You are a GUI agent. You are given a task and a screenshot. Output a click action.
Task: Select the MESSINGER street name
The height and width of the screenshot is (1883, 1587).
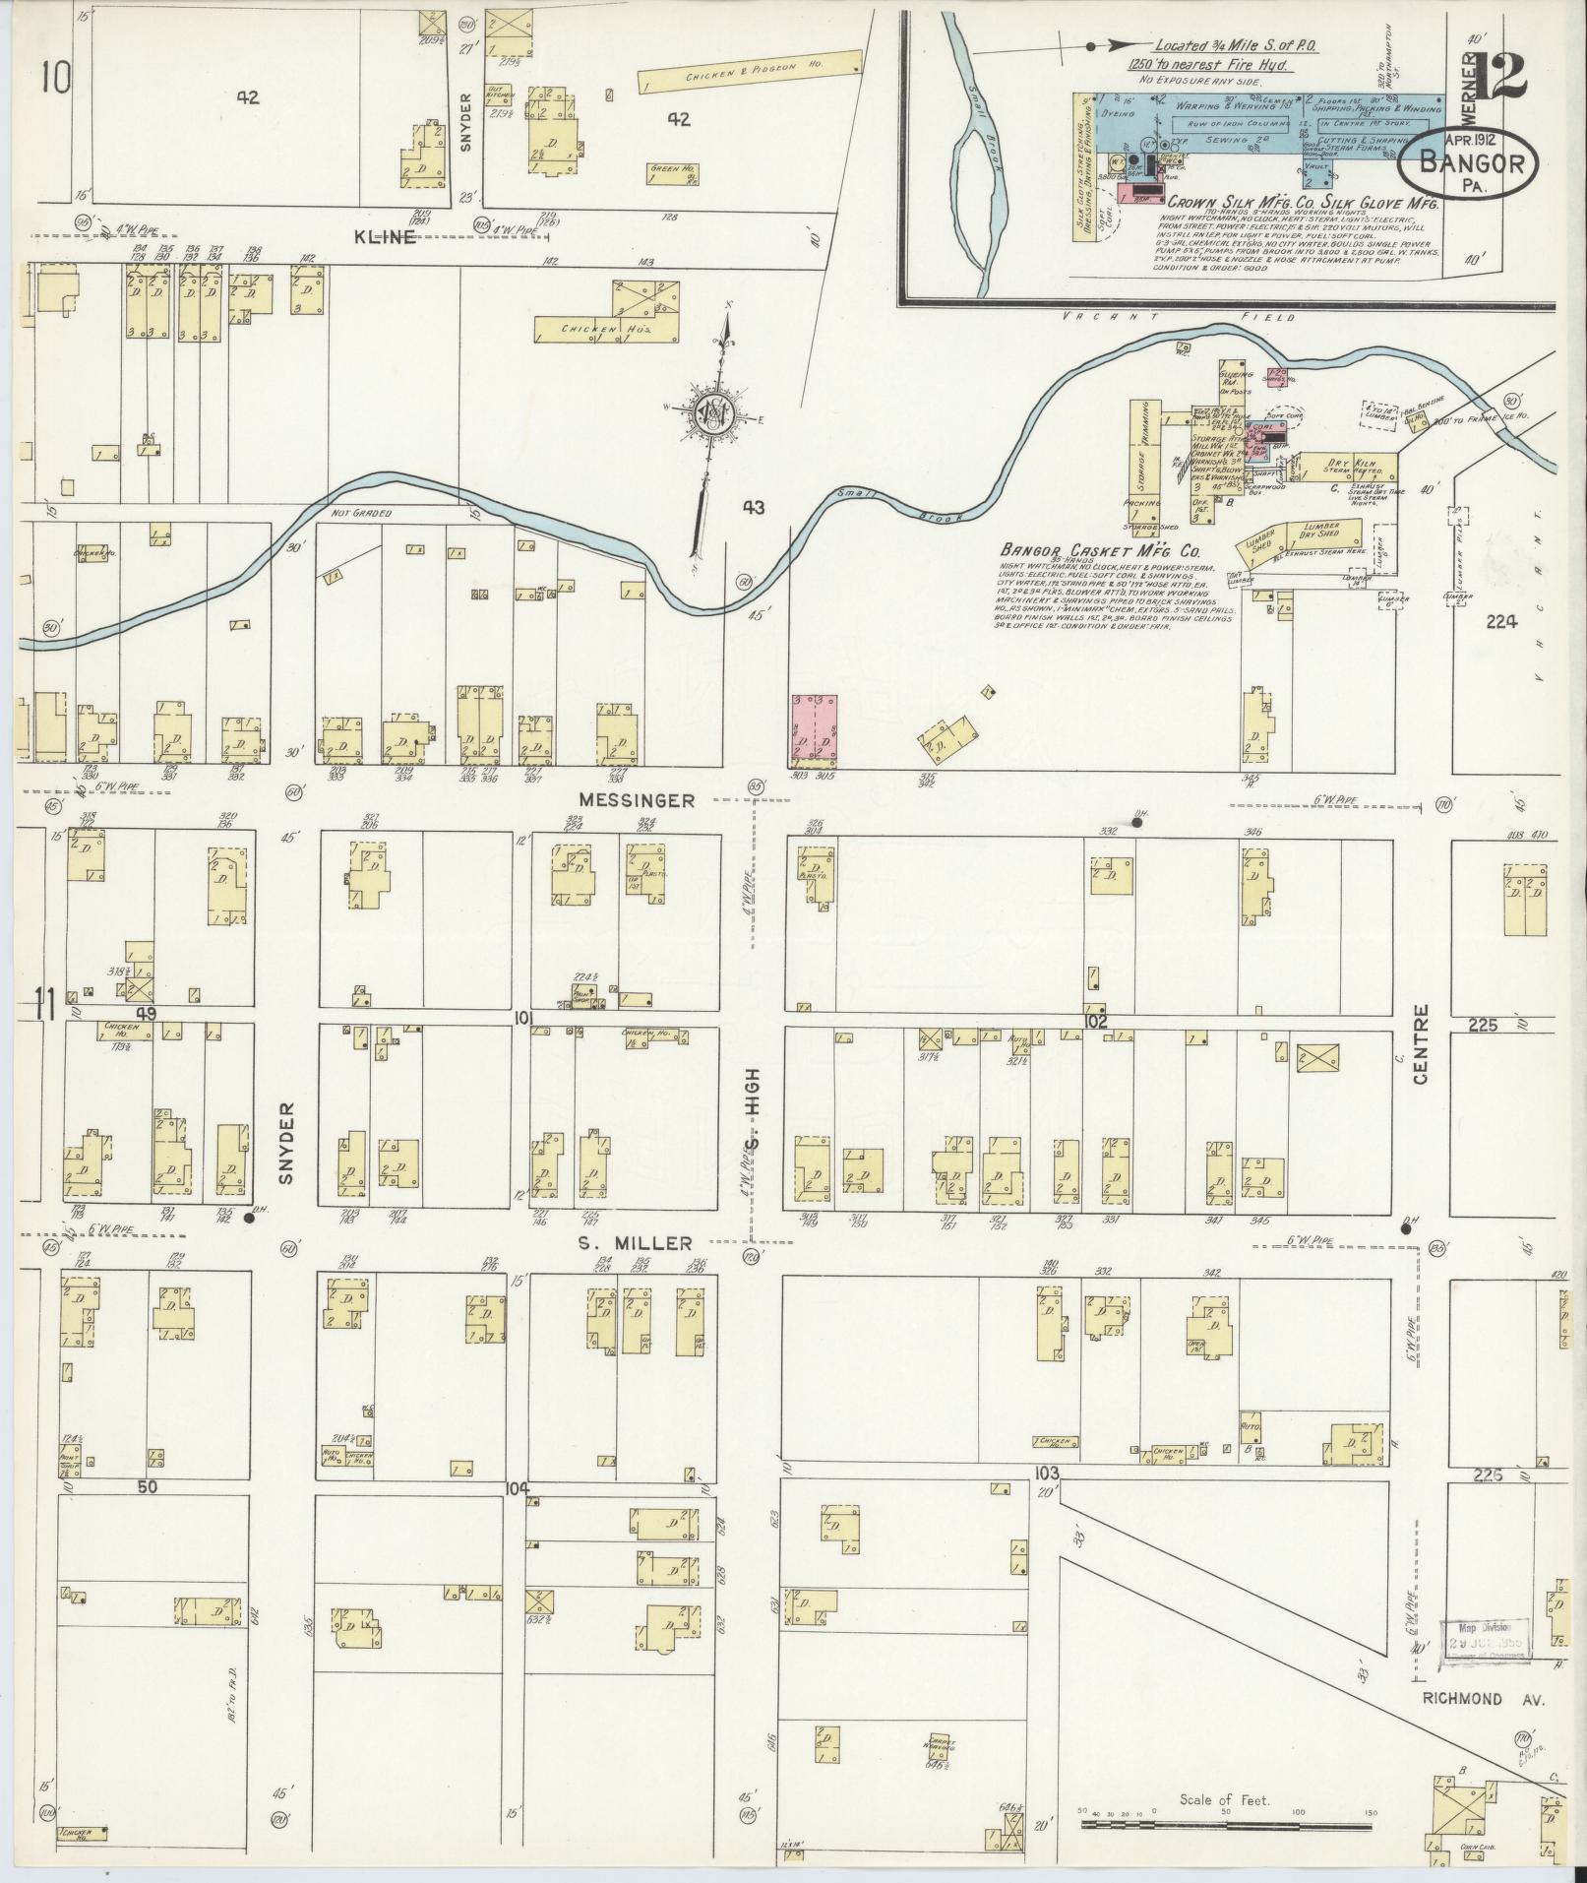click(637, 801)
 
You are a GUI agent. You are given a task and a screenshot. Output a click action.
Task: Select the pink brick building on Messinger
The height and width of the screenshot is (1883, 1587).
click(814, 730)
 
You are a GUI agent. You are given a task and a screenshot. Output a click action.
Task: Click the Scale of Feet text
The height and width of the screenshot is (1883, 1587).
click(1224, 1801)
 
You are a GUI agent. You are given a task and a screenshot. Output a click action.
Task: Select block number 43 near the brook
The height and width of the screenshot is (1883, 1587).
click(754, 508)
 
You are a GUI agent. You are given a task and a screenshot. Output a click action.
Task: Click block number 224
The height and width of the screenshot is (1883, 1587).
click(1502, 621)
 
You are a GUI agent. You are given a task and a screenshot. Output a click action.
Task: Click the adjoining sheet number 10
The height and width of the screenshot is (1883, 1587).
click(56, 78)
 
